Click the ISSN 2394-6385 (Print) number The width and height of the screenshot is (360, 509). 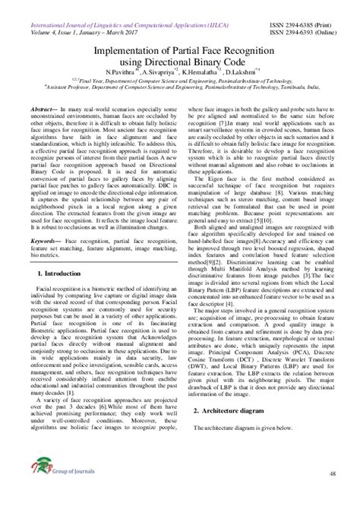pos(304,5)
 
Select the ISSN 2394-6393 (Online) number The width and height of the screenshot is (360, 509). pos(304,14)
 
